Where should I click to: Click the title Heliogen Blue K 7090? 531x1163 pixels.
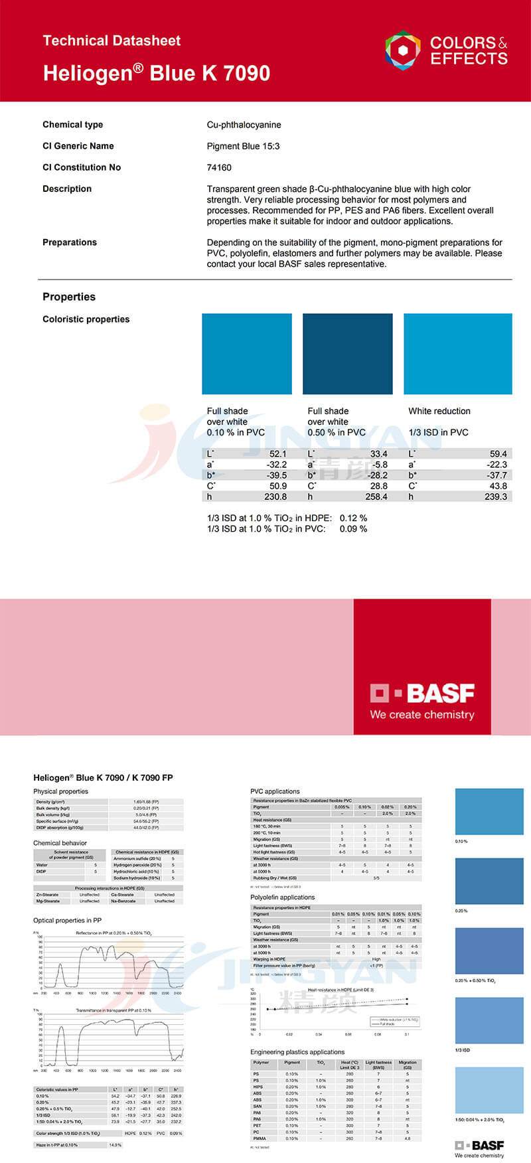tap(156, 72)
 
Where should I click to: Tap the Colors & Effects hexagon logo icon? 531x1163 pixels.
tap(402, 50)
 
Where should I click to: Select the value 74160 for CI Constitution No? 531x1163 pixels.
tap(219, 167)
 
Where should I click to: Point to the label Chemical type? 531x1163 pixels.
tap(72, 125)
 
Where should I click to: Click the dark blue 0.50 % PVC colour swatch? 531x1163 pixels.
tap(347, 354)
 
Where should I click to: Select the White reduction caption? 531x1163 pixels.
tap(439, 411)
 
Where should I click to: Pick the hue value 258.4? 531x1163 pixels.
tap(376, 497)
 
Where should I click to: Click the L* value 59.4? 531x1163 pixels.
tap(498, 454)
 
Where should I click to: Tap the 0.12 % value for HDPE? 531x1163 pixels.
tap(353, 518)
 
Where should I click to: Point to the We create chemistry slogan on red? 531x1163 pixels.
tap(422, 715)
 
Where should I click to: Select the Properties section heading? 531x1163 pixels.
tap(69, 297)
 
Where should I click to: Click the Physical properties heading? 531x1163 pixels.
tap(60, 791)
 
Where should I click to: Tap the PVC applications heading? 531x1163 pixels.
tap(275, 791)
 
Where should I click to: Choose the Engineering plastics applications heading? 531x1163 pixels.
tap(297, 1051)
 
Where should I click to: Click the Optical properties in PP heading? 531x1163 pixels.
tap(67, 920)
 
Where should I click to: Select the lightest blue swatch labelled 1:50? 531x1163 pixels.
tap(489, 1090)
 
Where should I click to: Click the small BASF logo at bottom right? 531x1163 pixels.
tap(479, 1145)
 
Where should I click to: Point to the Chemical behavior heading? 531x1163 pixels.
tap(60, 843)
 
